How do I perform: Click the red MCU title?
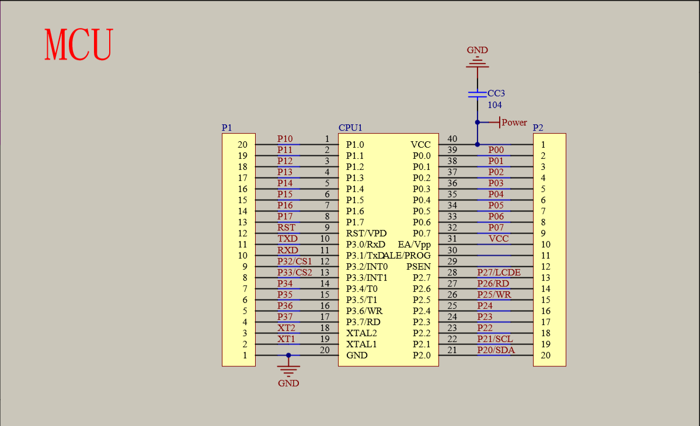point(78,44)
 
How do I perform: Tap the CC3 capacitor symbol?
point(477,93)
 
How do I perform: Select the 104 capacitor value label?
point(494,105)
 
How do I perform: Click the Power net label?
point(514,123)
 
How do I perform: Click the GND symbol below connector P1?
point(288,369)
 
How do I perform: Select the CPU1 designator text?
point(350,128)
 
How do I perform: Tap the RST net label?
point(286,228)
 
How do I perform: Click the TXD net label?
point(287,239)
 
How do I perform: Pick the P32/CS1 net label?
point(294,261)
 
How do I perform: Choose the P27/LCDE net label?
point(499,272)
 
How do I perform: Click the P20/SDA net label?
point(496,350)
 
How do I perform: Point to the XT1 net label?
point(286,338)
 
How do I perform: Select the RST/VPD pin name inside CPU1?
point(365,233)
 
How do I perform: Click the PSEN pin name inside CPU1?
point(419,267)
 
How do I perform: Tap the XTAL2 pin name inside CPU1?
point(361,333)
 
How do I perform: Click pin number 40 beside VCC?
point(452,139)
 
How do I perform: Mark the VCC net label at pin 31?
point(499,239)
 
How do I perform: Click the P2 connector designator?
point(538,128)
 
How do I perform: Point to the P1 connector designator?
point(227,128)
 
